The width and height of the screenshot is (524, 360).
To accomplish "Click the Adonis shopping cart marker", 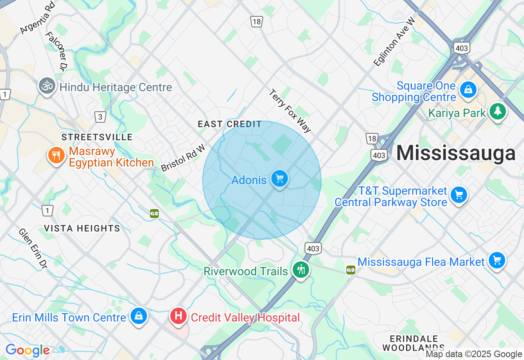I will [280, 179].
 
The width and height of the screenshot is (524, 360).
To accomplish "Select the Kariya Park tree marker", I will [498, 110].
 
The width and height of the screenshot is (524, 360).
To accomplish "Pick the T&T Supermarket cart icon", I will [459, 195].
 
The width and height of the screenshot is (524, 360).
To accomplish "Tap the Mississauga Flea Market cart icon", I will [497, 260].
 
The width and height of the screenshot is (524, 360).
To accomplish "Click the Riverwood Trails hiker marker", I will [301, 269].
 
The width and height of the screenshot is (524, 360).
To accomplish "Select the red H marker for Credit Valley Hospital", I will [178, 316].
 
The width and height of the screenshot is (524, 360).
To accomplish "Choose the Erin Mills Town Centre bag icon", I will [139, 316].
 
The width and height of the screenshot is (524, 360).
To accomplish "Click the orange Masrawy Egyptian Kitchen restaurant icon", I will [56, 155].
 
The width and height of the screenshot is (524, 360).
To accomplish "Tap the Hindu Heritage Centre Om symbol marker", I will [47, 86].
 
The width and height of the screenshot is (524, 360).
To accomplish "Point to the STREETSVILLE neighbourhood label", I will [97, 137].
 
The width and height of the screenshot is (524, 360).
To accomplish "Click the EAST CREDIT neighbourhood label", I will [230, 124].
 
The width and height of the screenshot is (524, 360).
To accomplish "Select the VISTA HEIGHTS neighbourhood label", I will [82, 228].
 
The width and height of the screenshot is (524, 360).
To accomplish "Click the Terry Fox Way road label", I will [290, 111].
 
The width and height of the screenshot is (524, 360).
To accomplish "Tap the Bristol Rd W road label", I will [183, 158].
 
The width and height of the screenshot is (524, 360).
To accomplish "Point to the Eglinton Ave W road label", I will [394, 41].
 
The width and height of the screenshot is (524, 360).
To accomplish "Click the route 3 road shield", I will [100, 117].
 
